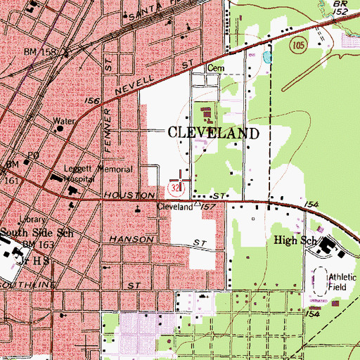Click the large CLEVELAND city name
pos(212,133)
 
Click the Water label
pos(65,121)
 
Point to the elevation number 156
pos(93,101)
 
